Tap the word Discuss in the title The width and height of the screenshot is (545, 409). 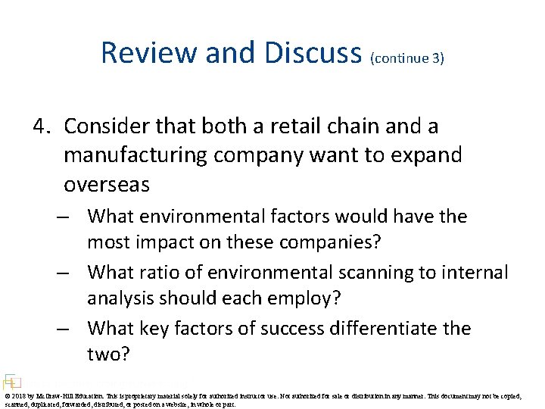(x=313, y=53)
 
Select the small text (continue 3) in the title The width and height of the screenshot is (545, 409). (x=406, y=58)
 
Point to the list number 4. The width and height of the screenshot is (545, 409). (x=41, y=126)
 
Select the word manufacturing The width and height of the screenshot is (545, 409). (x=134, y=155)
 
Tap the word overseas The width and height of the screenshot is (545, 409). (x=107, y=185)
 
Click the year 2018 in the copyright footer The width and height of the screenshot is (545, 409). (x=19, y=395)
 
